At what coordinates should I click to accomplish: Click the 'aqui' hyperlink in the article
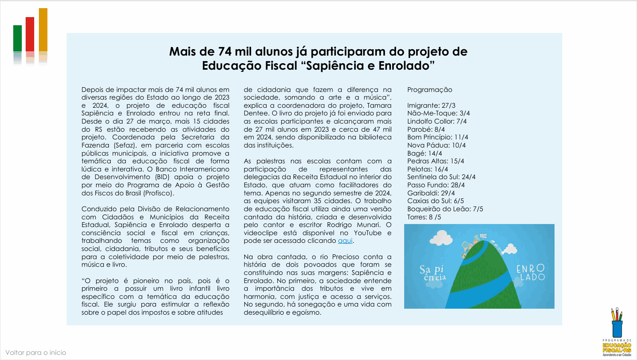pyautogui.click(x=345, y=241)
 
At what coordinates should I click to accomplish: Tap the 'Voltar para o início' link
pyautogui.click(x=36, y=353)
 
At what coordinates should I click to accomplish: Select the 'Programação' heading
pyautogui.click(x=429, y=90)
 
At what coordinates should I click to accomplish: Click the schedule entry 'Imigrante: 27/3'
pyautogui.click(x=431, y=106)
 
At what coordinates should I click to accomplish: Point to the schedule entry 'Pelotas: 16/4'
pyautogui.click(x=427, y=169)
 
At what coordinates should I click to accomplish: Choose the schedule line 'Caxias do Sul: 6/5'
pyautogui.click(x=435, y=201)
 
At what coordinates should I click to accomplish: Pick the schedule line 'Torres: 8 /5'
pyautogui.click(x=424, y=217)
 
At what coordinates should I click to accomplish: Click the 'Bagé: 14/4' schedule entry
pyautogui.click(x=424, y=153)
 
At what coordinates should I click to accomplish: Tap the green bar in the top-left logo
pyautogui.click(x=18, y=38)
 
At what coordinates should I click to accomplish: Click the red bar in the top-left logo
pyautogui.click(x=30, y=34)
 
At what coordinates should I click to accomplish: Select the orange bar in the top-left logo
pyautogui.click(x=43, y=30)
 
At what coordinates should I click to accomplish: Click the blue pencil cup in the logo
pyautogui.click(x=617, y=328)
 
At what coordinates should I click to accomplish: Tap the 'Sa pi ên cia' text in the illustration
pyautogui.click(x=432, y=273)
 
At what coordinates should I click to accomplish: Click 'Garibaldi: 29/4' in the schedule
pyautogui.click(x=431, y=193)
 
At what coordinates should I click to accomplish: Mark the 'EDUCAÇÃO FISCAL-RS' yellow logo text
pyautogui.click(x=617, y=348)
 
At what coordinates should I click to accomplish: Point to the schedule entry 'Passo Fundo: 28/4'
pyautogui.click(x=436, y=185)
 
